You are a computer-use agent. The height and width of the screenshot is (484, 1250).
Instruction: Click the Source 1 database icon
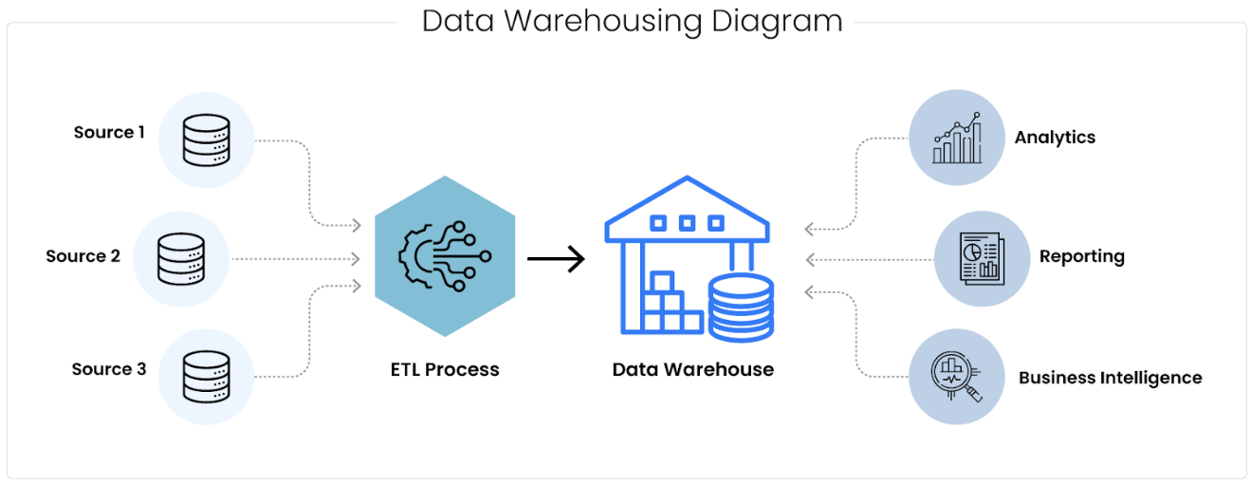click(x=207, y=140)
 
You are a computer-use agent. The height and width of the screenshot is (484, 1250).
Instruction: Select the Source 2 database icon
click(x=181, y=258)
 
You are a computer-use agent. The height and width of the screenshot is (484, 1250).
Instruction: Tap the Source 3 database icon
click(x=207, y=376)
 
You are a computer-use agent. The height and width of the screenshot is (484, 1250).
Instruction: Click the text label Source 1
click(x=109, y=133)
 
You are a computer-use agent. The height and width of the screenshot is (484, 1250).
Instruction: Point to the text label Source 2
click(x=83, y=256)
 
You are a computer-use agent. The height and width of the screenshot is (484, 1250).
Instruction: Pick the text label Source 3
click(x=109, y=369)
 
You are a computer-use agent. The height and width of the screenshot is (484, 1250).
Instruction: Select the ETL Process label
click(x=445, y=370)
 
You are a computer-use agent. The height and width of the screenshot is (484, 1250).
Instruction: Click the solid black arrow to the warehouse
click(x=556, y=258)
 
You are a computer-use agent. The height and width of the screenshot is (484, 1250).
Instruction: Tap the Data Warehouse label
click(x=692, y=370)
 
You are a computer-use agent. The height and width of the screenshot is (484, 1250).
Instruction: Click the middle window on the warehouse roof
click(x=687, y=224)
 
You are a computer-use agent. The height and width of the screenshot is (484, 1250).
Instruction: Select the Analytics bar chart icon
click(x=956, y=139)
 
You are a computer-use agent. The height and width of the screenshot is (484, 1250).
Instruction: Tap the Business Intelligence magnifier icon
click(x=956, y=376)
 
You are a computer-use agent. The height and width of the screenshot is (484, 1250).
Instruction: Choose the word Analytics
click(x=1055, y=138)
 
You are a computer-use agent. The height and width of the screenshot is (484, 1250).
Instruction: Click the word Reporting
click(x=1081, y=256)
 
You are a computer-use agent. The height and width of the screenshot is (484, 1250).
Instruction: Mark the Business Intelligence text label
click(x=1110, y=378)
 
